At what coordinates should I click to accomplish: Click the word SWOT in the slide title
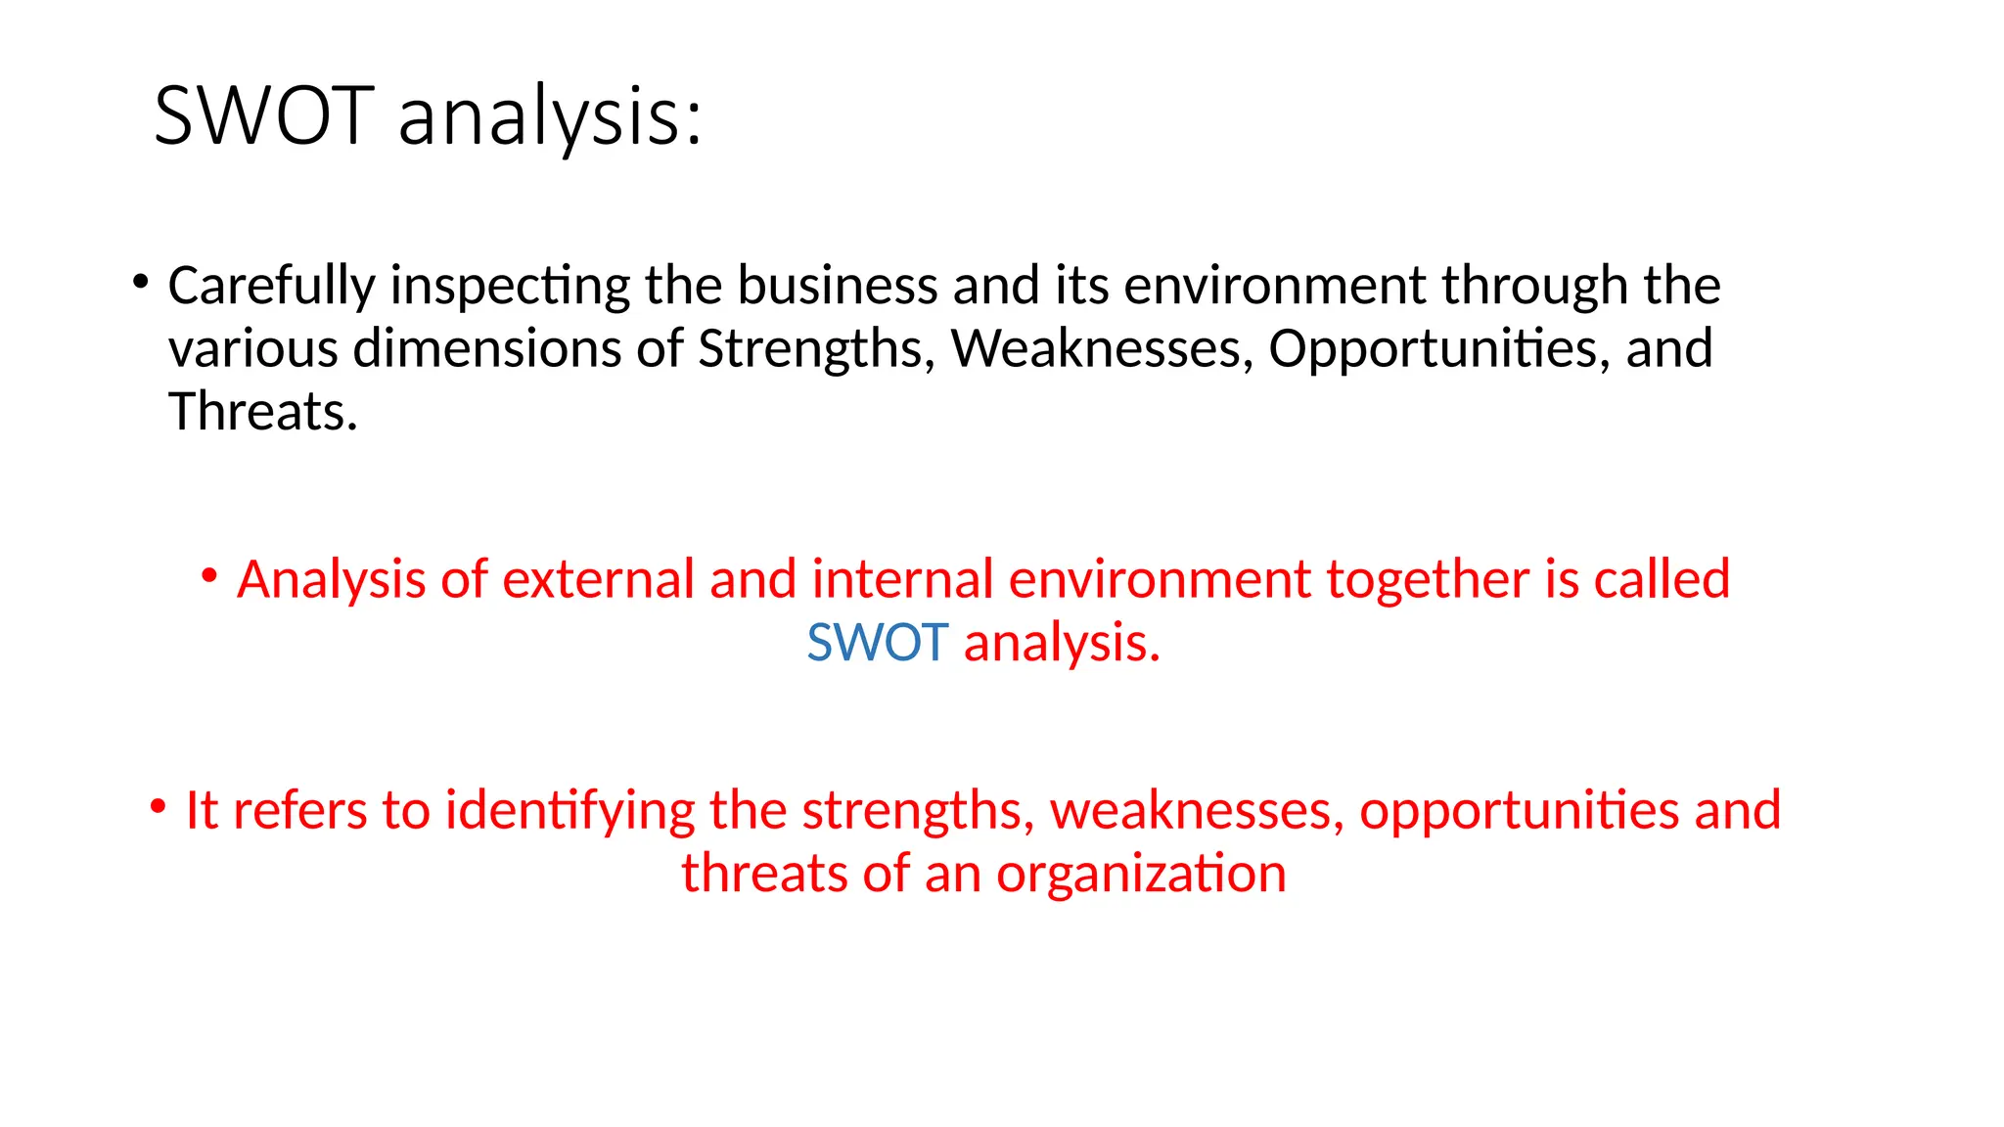tap(264, 116)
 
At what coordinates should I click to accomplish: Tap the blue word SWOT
tap(878, 643)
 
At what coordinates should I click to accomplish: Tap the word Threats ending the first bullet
tap(262, 411)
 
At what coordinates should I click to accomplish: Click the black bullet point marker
tap(141, 283)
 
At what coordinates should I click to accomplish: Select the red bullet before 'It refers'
tap(158, 807)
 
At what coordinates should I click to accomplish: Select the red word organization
tap(1141, 874)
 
